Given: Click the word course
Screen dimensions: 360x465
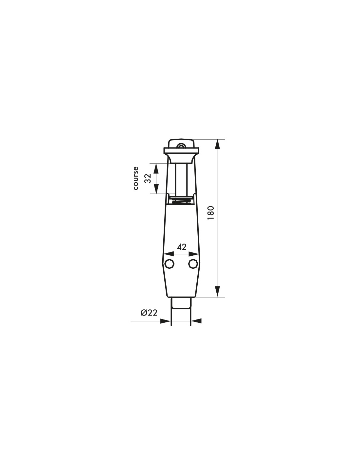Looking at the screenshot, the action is click(135, 178).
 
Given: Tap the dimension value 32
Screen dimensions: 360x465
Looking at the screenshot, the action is click(148, 179).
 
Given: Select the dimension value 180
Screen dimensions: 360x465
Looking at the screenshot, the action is click(211, 213).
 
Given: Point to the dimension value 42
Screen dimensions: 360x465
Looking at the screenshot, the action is click(182, 247).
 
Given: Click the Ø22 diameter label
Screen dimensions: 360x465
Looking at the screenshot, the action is click(149, 313).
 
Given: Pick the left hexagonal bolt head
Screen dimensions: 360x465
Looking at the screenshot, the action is click(170, 264).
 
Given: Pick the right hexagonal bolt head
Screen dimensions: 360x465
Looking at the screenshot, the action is click(193, 264).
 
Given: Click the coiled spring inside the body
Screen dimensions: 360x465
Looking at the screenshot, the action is click(181, 201).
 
